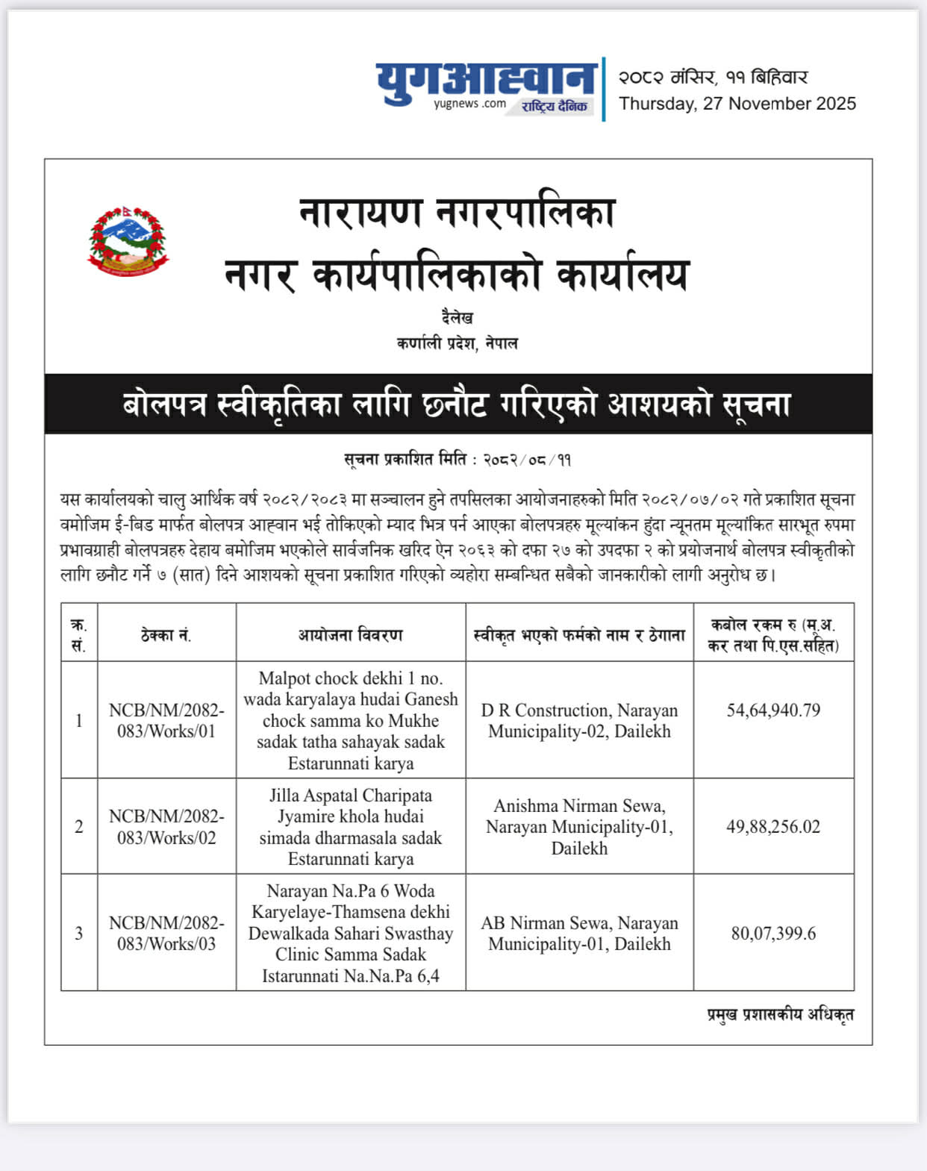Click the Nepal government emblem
pyautogui.click(x=128, y=242)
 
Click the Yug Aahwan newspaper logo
pyautogui.click(x=486, y=87)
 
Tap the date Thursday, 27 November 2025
pyautogui.click(x=737, y=104)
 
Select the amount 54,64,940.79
pyautogui.click(x=773, y=711)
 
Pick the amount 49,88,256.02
pyautogui.click(x=773, y=827)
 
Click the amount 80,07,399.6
pyautogui.click(x=773, y=934)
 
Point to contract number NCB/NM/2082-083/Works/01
pyautogui.click(x=166, y=721)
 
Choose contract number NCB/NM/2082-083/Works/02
pyautogui.click(x=166, y=827)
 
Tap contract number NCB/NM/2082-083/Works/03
pyautogui.click(x=166, y=934)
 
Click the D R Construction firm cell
pyautogui.click(x=579, y=721)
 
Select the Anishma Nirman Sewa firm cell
pyautogui.click(x=579, y=827)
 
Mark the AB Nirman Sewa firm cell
pyautogui.click(x=579, y=934)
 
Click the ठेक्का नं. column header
pyautogui.click(x=166, y=635)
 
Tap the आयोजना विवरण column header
pyautogui.click(x=350, y=635)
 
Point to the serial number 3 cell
pyautogui.click(x=79, y=934)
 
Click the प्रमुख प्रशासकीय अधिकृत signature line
pyautogui.click(x=780, y=1014)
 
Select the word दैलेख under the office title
pyautogui.click(x=457, y=318)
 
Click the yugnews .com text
pyautogui.click(x=469, y=104)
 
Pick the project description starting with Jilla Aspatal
pyautogui.click(x=351, y=827)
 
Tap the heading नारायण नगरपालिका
pyautogui.click(x=457, y=212)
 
